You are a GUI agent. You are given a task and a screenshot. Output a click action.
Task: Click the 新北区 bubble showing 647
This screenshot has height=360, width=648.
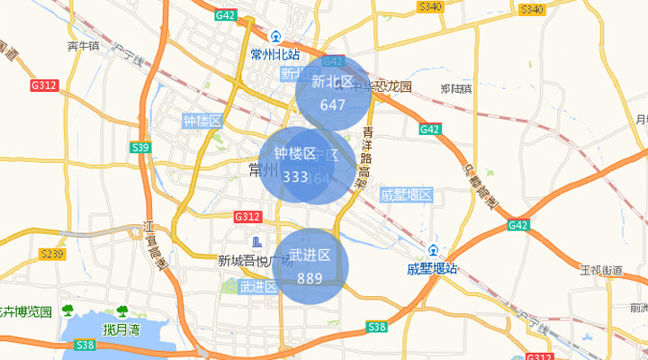point(333,93)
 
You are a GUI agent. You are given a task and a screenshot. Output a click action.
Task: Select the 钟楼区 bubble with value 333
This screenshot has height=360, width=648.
point(296,165)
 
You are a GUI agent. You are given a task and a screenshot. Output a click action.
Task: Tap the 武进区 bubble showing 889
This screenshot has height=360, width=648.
point(310,266)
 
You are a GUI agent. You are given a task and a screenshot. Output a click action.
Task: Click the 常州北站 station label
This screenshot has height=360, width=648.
point(275,53)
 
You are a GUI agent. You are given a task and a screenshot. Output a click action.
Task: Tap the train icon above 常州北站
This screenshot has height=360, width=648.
point(275,38)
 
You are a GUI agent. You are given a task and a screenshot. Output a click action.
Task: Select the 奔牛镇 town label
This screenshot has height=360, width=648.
point(83,46)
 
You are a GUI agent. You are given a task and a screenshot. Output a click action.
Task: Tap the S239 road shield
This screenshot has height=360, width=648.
point(53,254)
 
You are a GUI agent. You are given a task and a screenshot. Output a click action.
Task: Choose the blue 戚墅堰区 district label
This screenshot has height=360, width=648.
point(407,194)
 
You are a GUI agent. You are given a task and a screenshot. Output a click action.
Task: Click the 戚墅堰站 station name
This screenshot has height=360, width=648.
point(432,268)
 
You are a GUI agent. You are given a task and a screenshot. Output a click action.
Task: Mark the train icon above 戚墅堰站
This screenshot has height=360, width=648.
point(434,250)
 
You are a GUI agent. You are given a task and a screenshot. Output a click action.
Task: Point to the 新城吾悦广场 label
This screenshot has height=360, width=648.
point(255,261)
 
